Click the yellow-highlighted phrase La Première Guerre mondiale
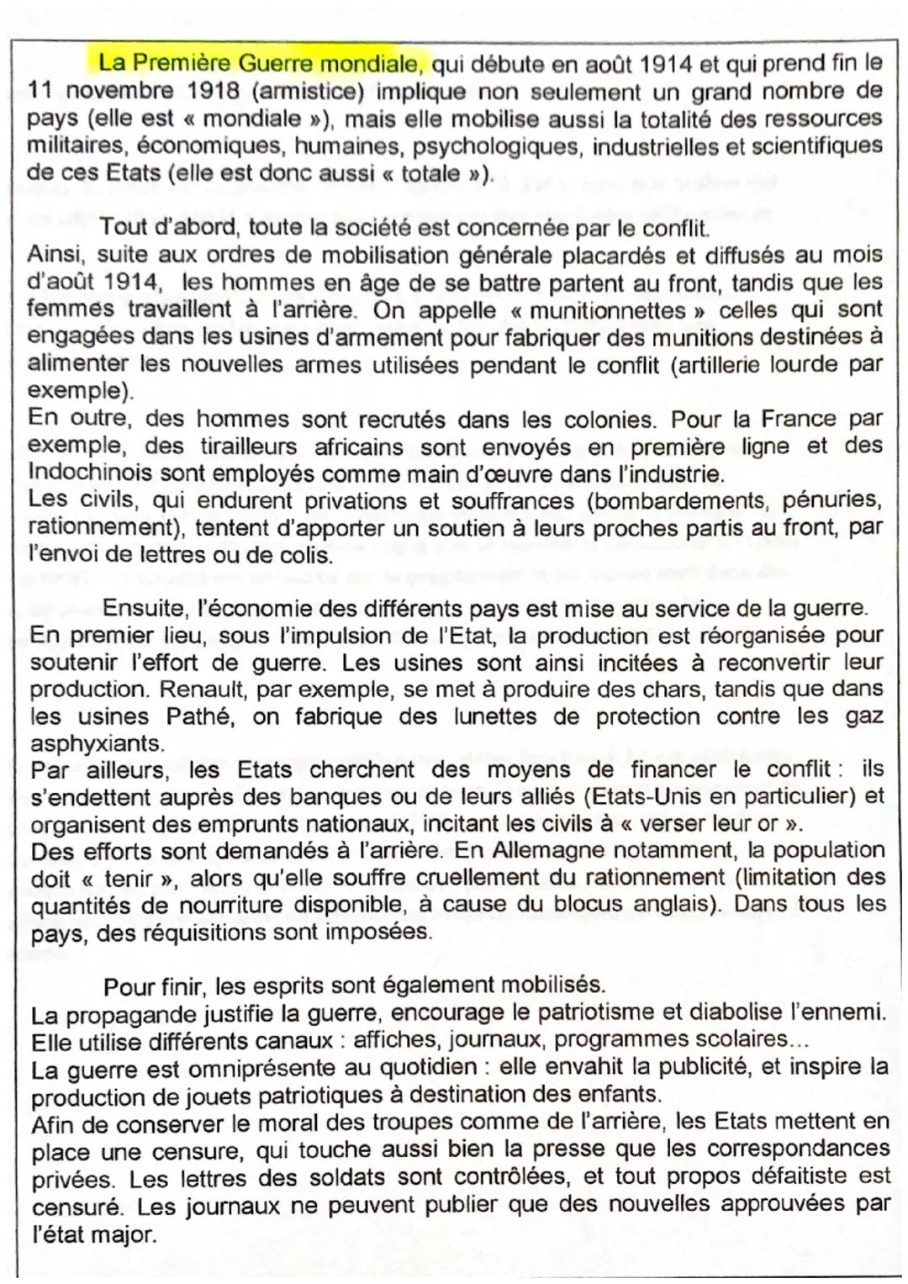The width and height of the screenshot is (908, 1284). (261, 63)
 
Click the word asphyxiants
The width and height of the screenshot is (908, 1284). (95, 744)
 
